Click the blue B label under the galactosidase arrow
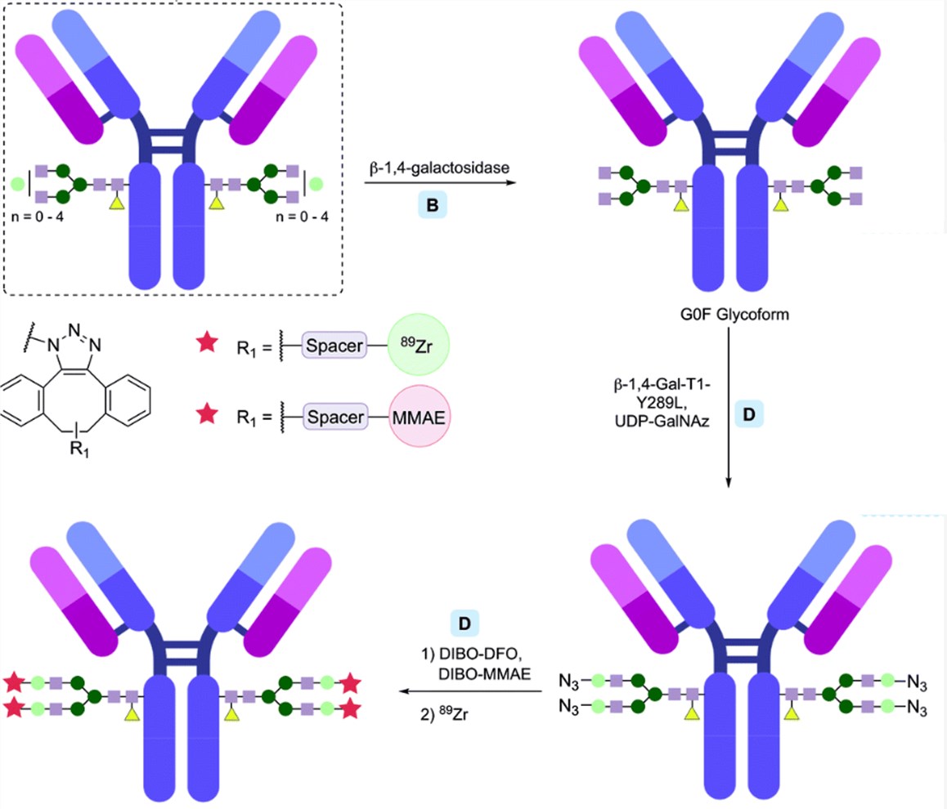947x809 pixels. click(433, 206)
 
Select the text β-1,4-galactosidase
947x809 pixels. click(433, 167)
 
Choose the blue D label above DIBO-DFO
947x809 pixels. click(465, 623)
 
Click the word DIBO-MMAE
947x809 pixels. click(478, 672)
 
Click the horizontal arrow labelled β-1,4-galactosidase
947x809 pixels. click(433, 184)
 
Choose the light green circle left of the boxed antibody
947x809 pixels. click(18, 182)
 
